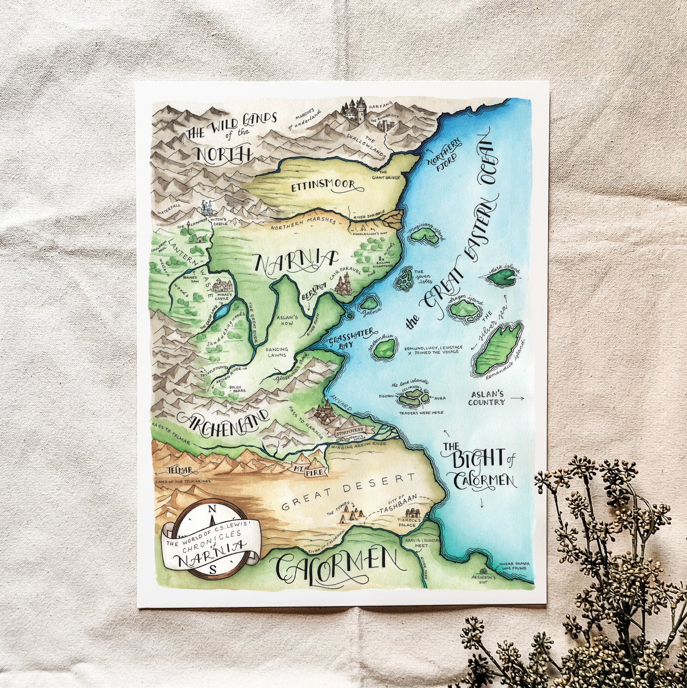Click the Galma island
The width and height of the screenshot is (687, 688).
[368, 304]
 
